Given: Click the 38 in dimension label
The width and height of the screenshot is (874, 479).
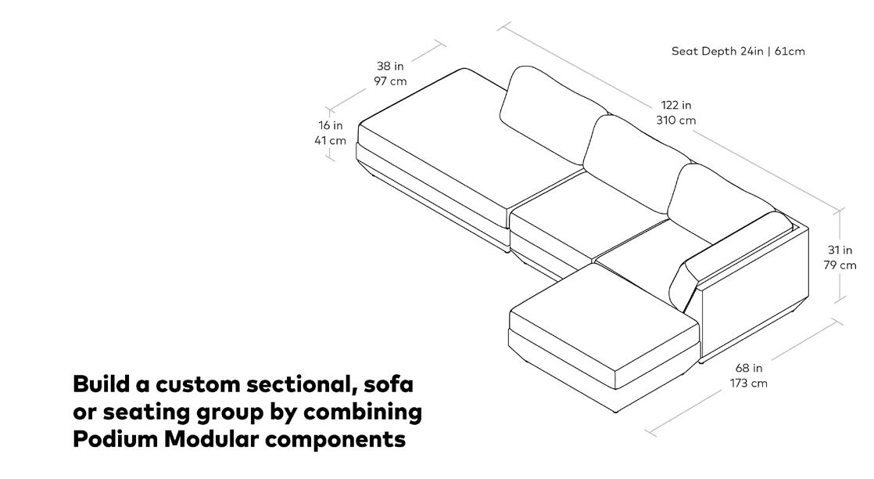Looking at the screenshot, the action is tap(390, 67).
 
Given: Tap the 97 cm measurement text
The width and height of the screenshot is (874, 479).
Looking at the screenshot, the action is tap(390, 81).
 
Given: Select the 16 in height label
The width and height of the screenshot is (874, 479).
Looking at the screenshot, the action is tap(330, 125).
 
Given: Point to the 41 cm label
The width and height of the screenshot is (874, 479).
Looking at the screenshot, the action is tap(330, 141).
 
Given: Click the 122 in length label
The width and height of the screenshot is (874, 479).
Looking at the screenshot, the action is tap(676, 105).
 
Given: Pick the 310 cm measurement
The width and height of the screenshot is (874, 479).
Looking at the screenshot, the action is tap(676, 121).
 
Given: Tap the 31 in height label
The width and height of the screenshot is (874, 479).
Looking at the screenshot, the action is tap(840, 250).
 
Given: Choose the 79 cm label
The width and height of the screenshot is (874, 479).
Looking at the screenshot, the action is tap(840, 265).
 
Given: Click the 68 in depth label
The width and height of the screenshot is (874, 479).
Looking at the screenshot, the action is tap(749, 368).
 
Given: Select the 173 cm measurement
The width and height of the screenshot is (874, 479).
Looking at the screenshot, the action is tap(749, 384).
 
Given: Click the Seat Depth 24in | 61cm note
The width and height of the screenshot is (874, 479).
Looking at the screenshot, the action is tap(738, 52).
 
